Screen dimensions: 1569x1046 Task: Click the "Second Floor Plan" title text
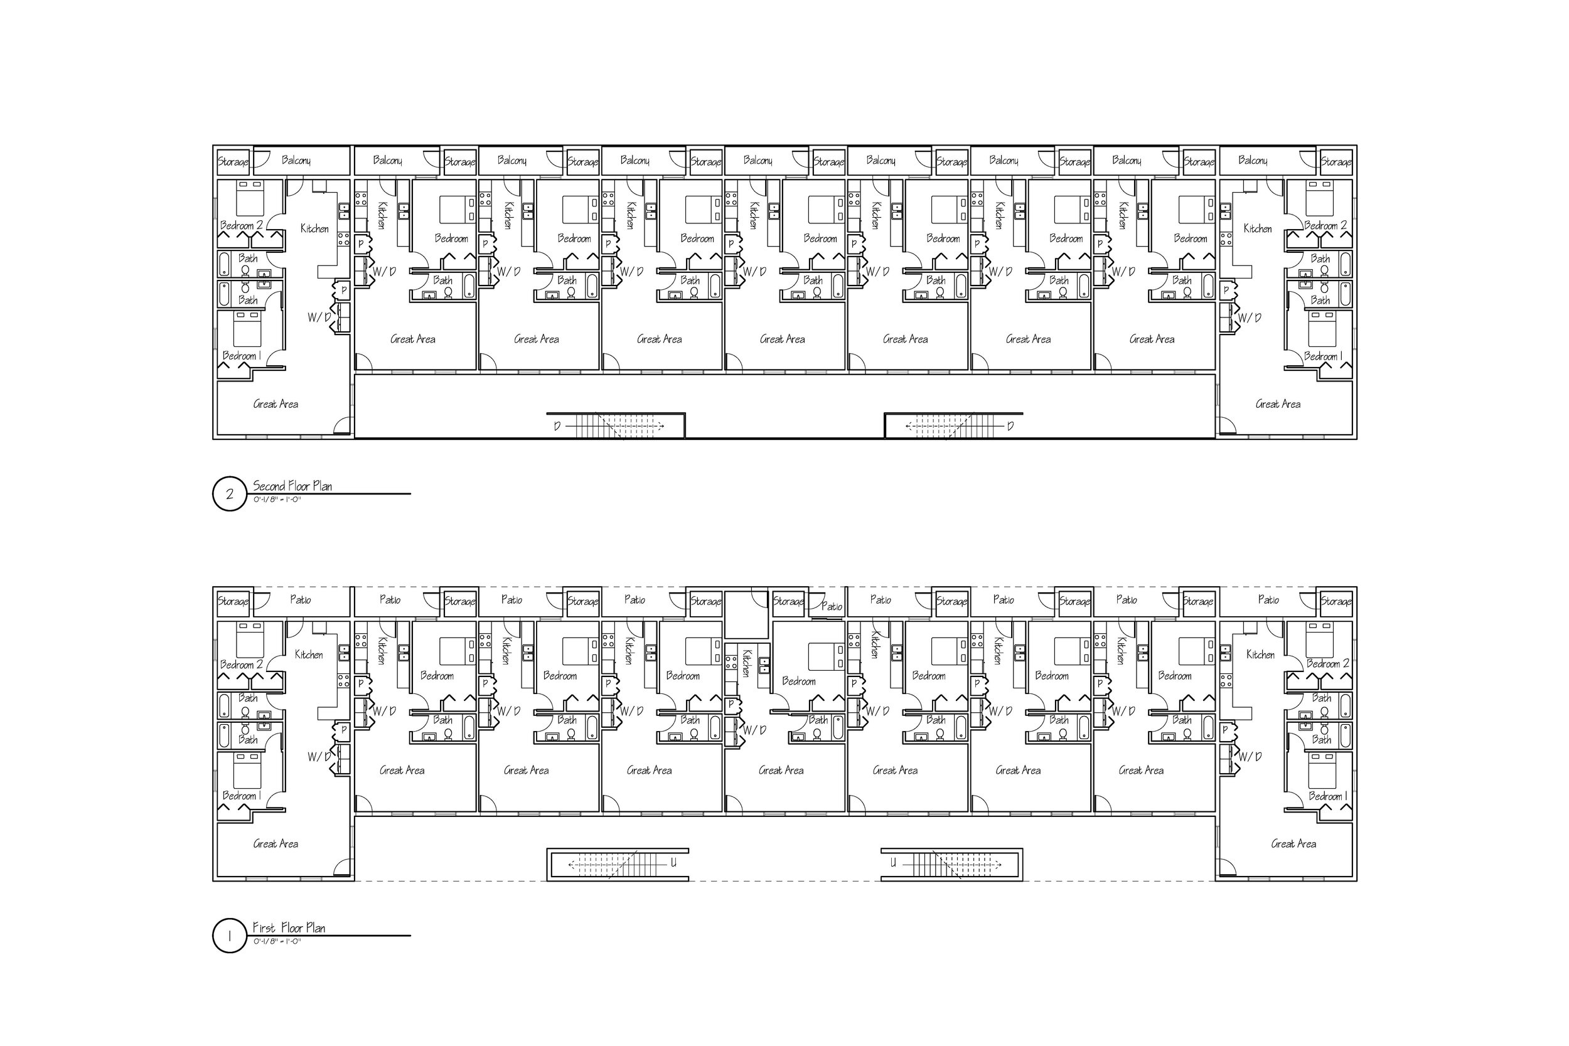tap(292, 486)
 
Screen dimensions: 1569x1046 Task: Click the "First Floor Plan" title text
tap(289, 928)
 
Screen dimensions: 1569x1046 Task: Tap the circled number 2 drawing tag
tap(230, 494)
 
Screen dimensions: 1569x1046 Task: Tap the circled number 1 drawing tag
tap(230, 936)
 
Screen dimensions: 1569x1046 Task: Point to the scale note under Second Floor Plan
tap(277, 499)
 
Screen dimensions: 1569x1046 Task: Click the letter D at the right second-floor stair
tap(1010, 426)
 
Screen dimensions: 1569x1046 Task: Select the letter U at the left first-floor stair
tap(674, 863)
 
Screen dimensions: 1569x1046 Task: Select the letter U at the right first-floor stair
tap(893, 863)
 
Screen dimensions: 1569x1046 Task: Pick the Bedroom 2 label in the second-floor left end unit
tap(242, 225)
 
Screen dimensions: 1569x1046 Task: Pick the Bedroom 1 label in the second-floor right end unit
tap(1324, 356)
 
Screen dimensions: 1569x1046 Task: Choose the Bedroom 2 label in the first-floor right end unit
tap(1327, 664)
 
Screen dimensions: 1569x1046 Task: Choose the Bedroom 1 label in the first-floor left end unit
tap(242, 796)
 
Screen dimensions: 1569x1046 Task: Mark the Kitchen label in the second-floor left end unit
tap(314, 229)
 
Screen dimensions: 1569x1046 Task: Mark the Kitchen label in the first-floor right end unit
tap(1260, 655)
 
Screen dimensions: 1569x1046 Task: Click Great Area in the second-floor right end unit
tap(1278, 404)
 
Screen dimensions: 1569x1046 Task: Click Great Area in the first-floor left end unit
tap(276, 844)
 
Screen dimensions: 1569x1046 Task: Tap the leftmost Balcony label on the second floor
tap(296, 160)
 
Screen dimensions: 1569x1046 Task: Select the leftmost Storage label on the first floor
tap(233, 601)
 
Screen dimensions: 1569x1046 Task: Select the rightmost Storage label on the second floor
tap(1336, 161)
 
